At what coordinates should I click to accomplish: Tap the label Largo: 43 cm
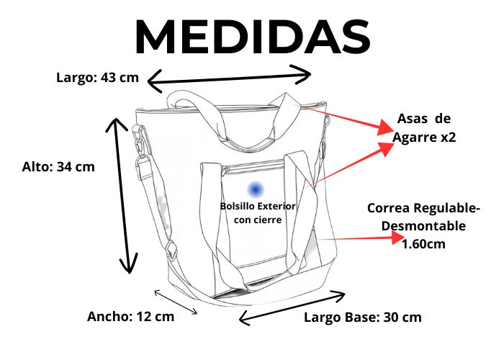click(97, 78)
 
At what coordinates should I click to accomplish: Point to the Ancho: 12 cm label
click(130, 316)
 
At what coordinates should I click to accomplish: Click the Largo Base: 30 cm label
click(362, 317)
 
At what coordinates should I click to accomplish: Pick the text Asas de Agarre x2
click(424, 127)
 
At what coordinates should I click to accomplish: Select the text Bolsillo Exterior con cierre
click(258, 213)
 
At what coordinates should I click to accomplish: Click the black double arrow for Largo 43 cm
click(230, 78)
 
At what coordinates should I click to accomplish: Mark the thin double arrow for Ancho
click(176, 302)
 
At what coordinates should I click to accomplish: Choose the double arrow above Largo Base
click(292, 305)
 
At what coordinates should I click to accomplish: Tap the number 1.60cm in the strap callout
click(423, 244)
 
